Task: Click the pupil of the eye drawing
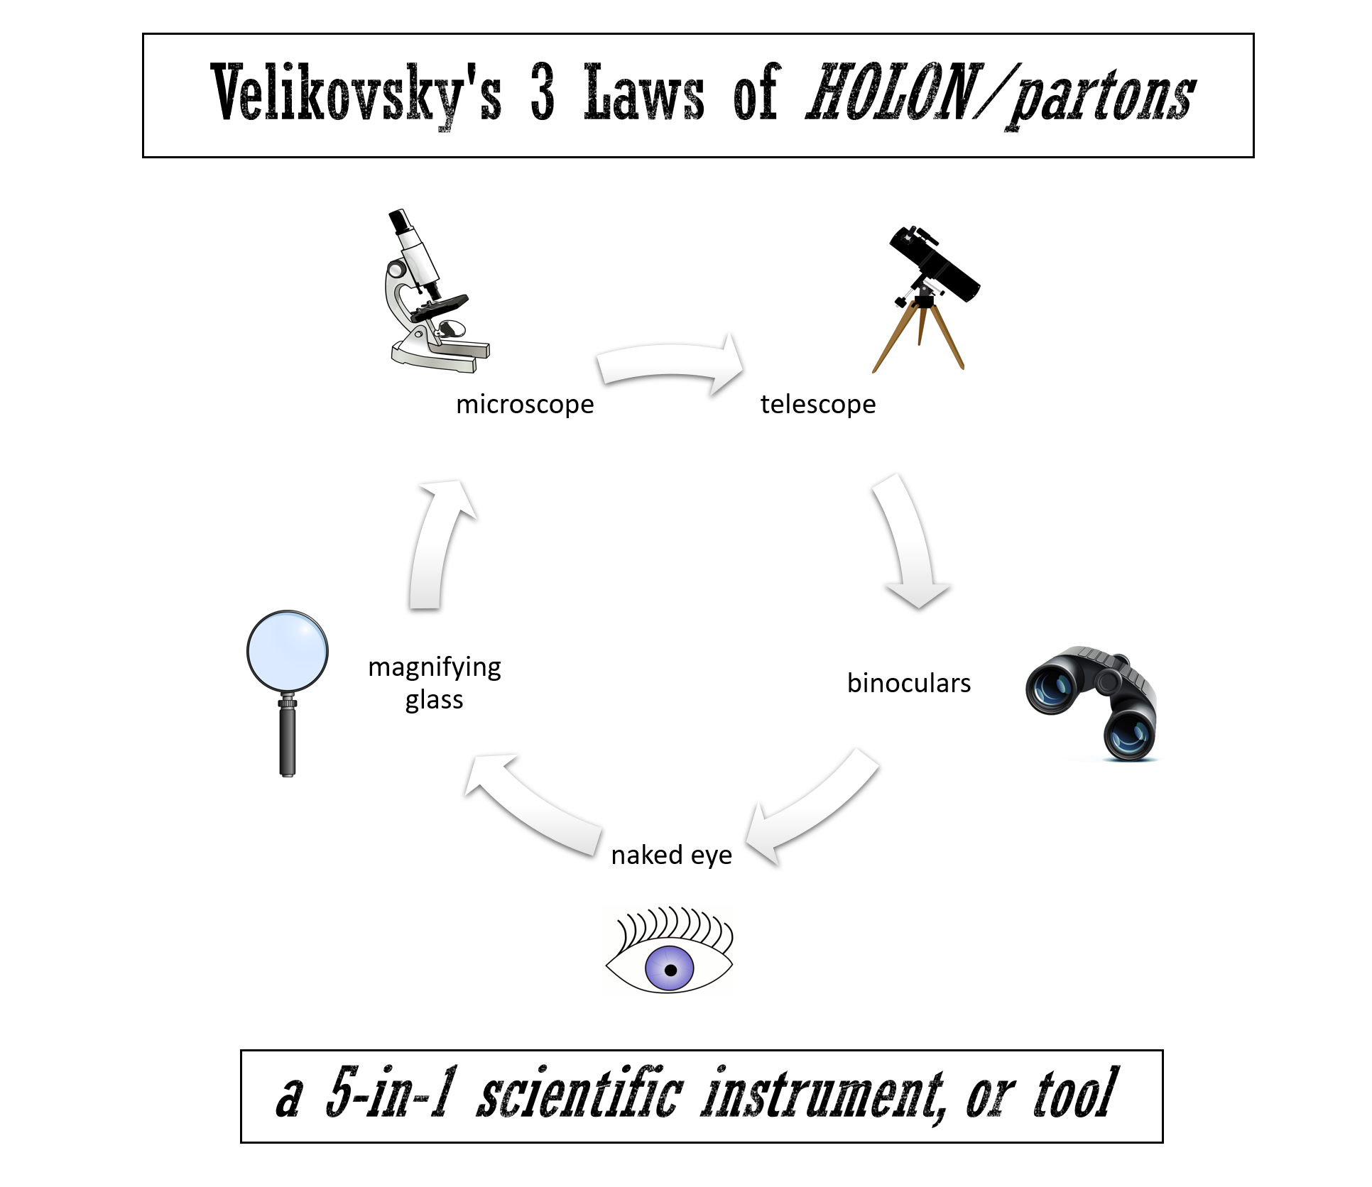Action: click(x=670, y=970)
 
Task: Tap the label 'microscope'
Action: click(x=525, y=405)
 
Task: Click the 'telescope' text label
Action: click(x=818, y=405)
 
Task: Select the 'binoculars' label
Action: click(x=909, y=683)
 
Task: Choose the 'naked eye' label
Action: click(x=671, y=855)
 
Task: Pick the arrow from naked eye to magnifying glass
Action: click(x=533, y=802)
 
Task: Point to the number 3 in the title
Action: click(x=543, y=94)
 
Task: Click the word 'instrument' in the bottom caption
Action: click(x=824, y=1095)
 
